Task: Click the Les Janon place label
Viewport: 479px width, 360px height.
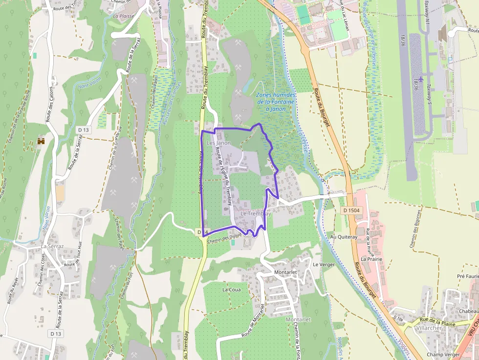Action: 219,143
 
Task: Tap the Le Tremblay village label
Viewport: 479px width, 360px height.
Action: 256,214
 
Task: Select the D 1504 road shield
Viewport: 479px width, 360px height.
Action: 351,210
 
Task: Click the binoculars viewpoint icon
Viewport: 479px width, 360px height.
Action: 42,141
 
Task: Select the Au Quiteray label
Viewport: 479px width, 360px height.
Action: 344,237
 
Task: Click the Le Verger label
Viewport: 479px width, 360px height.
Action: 324,264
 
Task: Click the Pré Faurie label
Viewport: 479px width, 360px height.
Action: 467,276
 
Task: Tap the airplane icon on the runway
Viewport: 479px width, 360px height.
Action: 420,79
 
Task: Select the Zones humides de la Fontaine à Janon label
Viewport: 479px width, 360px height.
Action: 276,102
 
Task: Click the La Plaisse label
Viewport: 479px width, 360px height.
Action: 123,16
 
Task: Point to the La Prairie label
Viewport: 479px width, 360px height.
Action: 371,258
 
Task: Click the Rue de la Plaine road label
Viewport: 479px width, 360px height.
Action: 438,322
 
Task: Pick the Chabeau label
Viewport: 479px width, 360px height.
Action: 468,311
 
